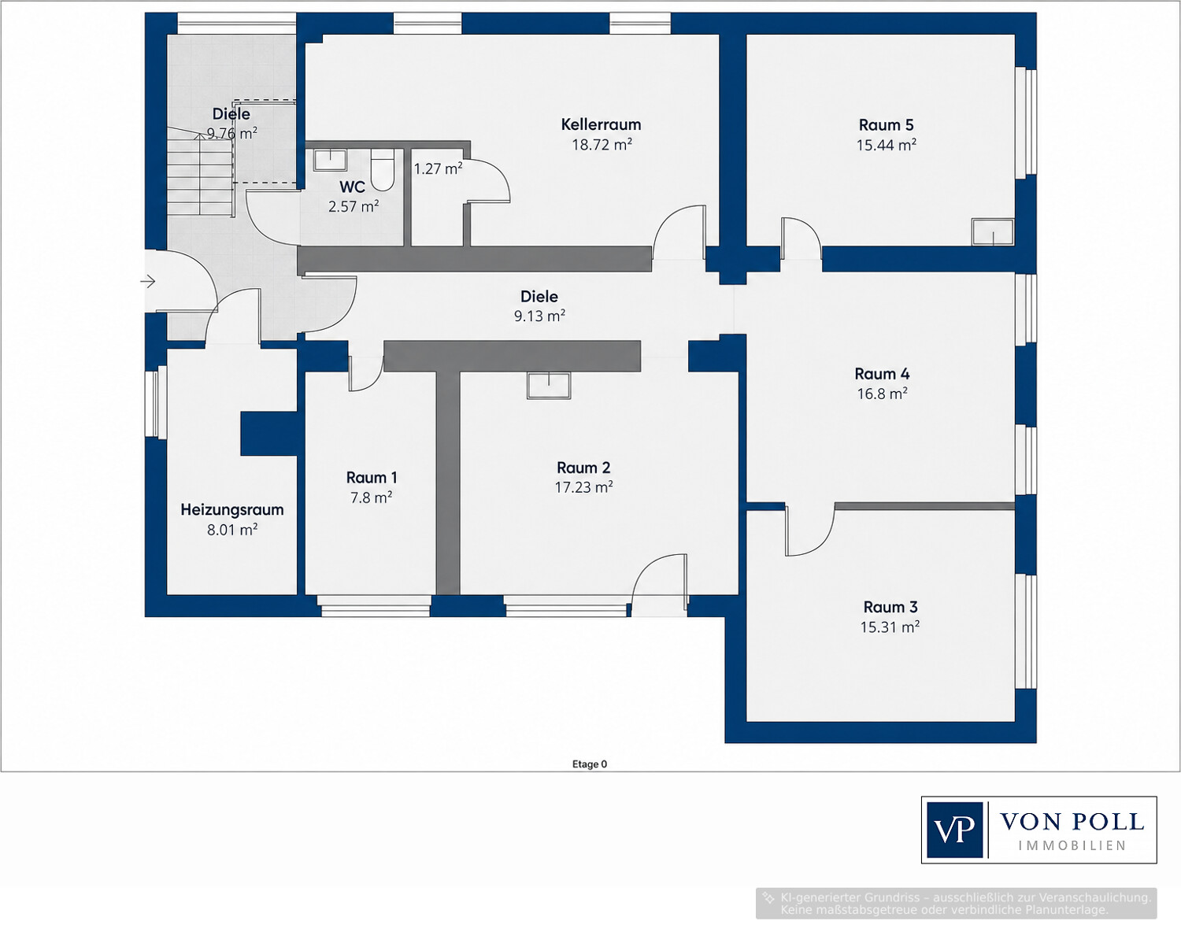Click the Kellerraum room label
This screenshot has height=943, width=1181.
point(601,124)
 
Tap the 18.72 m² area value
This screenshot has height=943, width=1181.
point(602,144)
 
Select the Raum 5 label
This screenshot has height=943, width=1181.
point(887,125)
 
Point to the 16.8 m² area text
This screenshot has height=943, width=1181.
point(882,394)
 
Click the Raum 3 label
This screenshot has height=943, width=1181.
point(890,607)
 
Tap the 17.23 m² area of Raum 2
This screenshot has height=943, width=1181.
point(583,487)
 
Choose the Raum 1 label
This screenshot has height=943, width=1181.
point(372,478)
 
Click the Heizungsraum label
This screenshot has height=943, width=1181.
point(232,509)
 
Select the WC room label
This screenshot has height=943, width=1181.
point(352,187)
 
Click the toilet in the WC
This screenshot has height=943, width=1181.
point(382,170)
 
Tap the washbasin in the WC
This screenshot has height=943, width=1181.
point(330,160)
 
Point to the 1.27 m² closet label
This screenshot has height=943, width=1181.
point(438,168)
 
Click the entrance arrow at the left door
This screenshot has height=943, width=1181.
point(148,282)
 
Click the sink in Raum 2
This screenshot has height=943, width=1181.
point(549,385)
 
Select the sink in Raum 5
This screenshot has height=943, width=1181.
point(992,231)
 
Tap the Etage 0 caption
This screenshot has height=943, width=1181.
point(590,764)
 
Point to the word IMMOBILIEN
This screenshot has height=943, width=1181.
point(1072,846)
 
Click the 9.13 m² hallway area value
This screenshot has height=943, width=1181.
point(539,316)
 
